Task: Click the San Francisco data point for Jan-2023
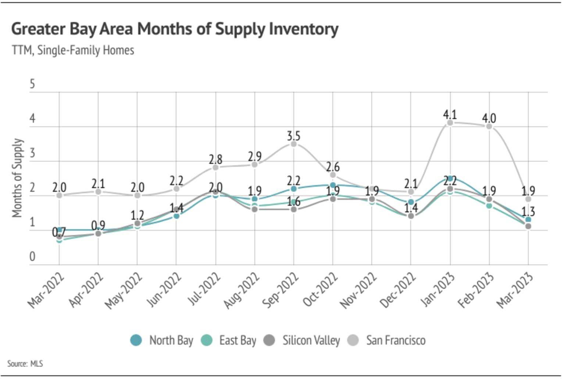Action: (450, 123)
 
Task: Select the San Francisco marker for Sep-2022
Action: (293, 144)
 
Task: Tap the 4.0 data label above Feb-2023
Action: (489, 118)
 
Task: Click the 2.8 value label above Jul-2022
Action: (215, 159)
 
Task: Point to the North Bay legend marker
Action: (136, 340)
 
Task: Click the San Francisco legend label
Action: (396, 340)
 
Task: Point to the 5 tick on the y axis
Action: (32, 84)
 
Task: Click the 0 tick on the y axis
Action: (32, 256)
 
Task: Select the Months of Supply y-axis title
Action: (17, 178)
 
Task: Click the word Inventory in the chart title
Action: (303, 29)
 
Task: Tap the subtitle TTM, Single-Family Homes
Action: (73, 50)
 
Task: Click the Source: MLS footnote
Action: (25, 364)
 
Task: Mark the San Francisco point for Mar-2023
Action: (528, 199)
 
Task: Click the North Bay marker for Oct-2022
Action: (333, 185)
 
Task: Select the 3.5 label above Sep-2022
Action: (293, 136)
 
